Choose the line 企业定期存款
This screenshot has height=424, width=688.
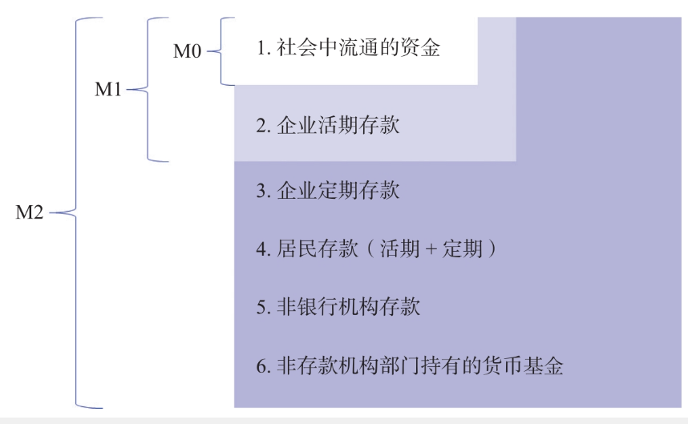point(328,192)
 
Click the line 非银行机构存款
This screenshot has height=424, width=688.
point(338,306)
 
